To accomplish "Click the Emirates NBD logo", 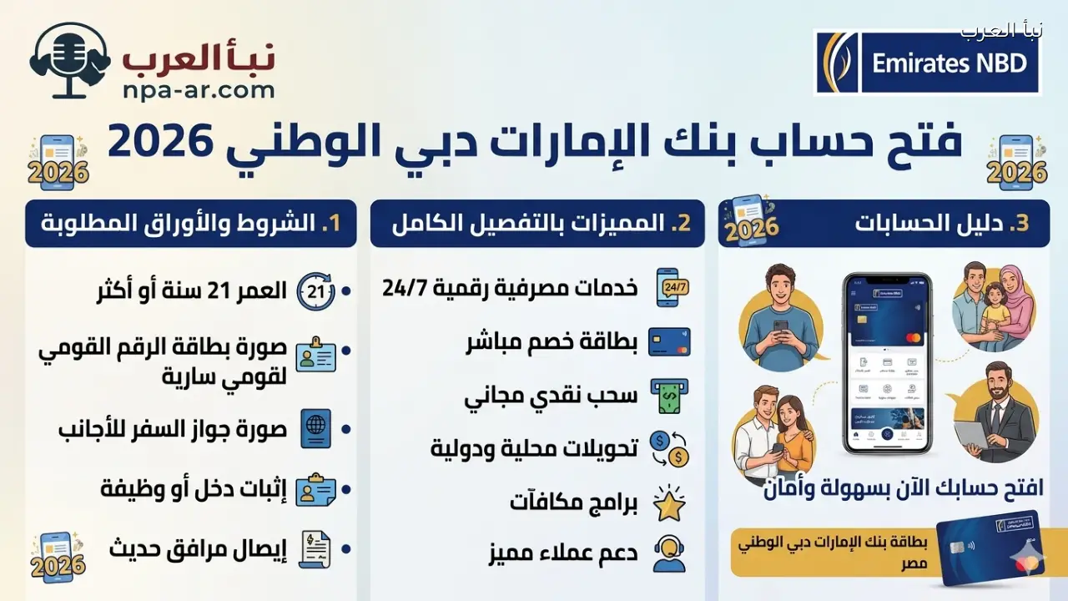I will (927, 63).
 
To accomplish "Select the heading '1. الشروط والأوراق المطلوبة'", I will (191, 224).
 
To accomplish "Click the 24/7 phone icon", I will (669, 287).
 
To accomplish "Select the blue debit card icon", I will (669, 341).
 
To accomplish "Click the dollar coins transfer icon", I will (669, 448).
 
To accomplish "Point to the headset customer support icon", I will (669, 553).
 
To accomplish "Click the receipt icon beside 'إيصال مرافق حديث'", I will (316, 549).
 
